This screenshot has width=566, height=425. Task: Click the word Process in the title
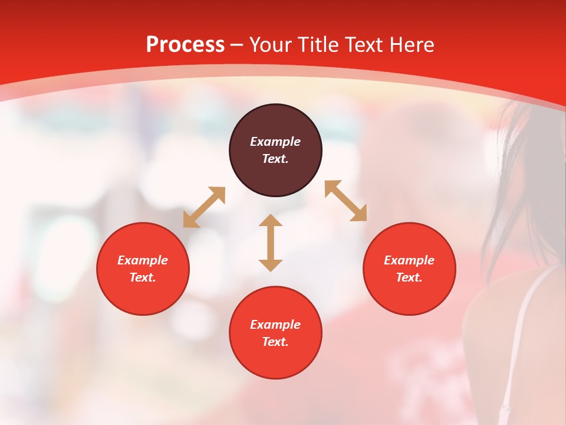pos(185,45)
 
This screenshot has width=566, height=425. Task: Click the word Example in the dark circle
pos(275,142)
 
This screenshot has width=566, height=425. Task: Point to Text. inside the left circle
pos(143,277)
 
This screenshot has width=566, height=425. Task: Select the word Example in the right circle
pos(409,260)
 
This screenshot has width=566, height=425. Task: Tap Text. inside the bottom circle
pos(275,342)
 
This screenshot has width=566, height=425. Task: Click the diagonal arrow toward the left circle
pos(204,207)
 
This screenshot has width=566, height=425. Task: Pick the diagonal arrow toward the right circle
pos(346,201)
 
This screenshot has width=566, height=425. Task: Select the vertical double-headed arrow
pos(271,243)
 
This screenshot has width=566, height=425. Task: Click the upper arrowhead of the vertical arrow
pos(271,220)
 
